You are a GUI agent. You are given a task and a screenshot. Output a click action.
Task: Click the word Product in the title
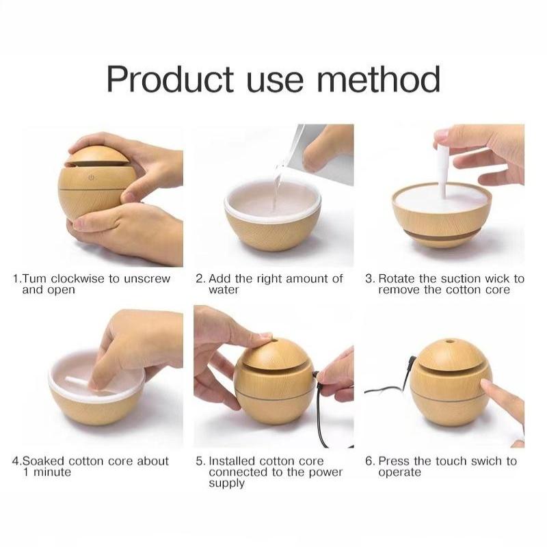[x=170, y=79]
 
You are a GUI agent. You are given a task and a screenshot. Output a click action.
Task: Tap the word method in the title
[x=379, y=79]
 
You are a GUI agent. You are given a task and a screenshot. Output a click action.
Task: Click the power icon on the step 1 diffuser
[x=92, y=178]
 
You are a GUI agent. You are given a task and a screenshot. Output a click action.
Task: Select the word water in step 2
[x=224, y=290]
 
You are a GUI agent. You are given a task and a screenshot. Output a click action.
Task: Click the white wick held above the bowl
[x=443, y=172]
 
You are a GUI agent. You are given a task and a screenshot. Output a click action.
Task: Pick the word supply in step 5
[x=226, y=484]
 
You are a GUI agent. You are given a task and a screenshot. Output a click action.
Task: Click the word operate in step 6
[x=399, y=473]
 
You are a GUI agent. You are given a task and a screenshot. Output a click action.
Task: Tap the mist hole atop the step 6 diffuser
[x=451, y=341]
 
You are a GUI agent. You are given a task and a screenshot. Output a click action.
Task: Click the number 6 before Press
[x=369, y=461]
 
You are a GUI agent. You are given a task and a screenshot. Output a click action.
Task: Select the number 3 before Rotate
[x=369, y=279]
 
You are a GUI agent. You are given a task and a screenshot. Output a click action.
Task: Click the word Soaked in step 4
[x=43, y=461]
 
